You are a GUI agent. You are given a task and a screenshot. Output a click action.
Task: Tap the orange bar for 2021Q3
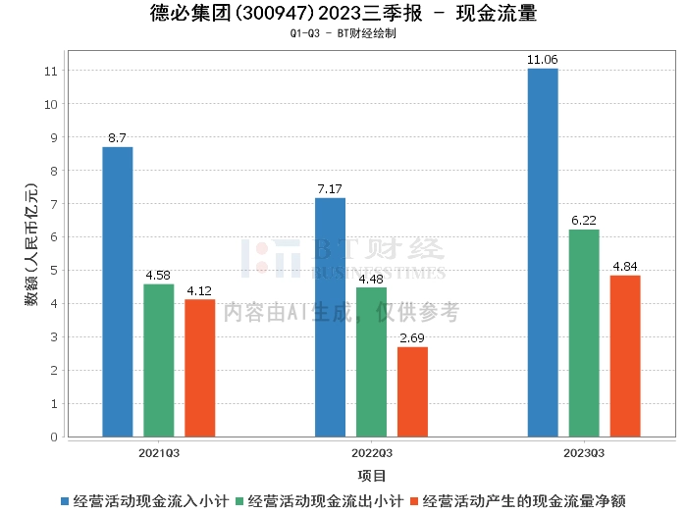pyautogui.click(x=199, y=368)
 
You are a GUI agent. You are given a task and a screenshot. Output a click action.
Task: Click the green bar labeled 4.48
pyautogui.click(x=371, y=362)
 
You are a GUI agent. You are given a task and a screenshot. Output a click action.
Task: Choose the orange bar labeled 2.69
pyautogui.click(x=412, y=391)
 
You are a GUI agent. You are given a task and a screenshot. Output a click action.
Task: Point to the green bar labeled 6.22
pyautogui.click(x=584, y=333)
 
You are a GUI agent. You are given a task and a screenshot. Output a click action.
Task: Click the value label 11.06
pyautogui.click(x=543, y=60)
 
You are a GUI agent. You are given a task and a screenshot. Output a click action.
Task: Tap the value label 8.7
pyautogui.click(x=117, y=138)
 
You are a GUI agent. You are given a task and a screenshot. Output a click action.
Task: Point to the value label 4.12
pyautogui.click(x=199, y=290)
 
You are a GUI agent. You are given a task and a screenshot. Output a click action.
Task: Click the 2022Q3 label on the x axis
pyautogui.click(x=371, y=453)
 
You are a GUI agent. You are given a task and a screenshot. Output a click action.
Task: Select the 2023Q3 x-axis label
pyautogui.click(x=584, y=453)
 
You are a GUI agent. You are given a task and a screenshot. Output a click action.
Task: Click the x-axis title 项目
pyautogui.click(x=372, y=476)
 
